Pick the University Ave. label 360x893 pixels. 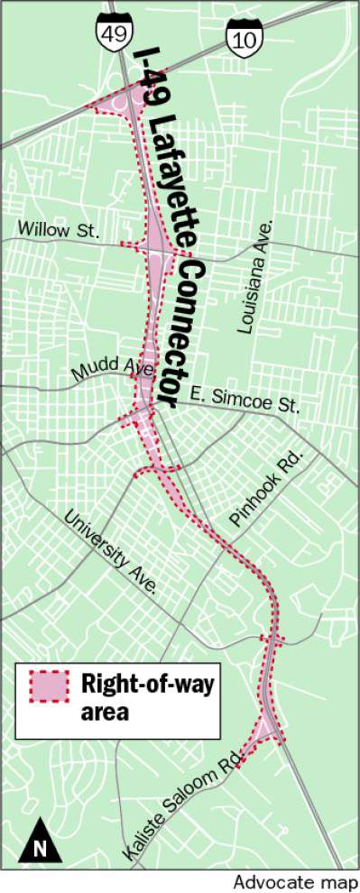pyautogui.click(x=111, y=552)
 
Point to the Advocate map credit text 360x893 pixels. pyautogui.click(x=295, y=882)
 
